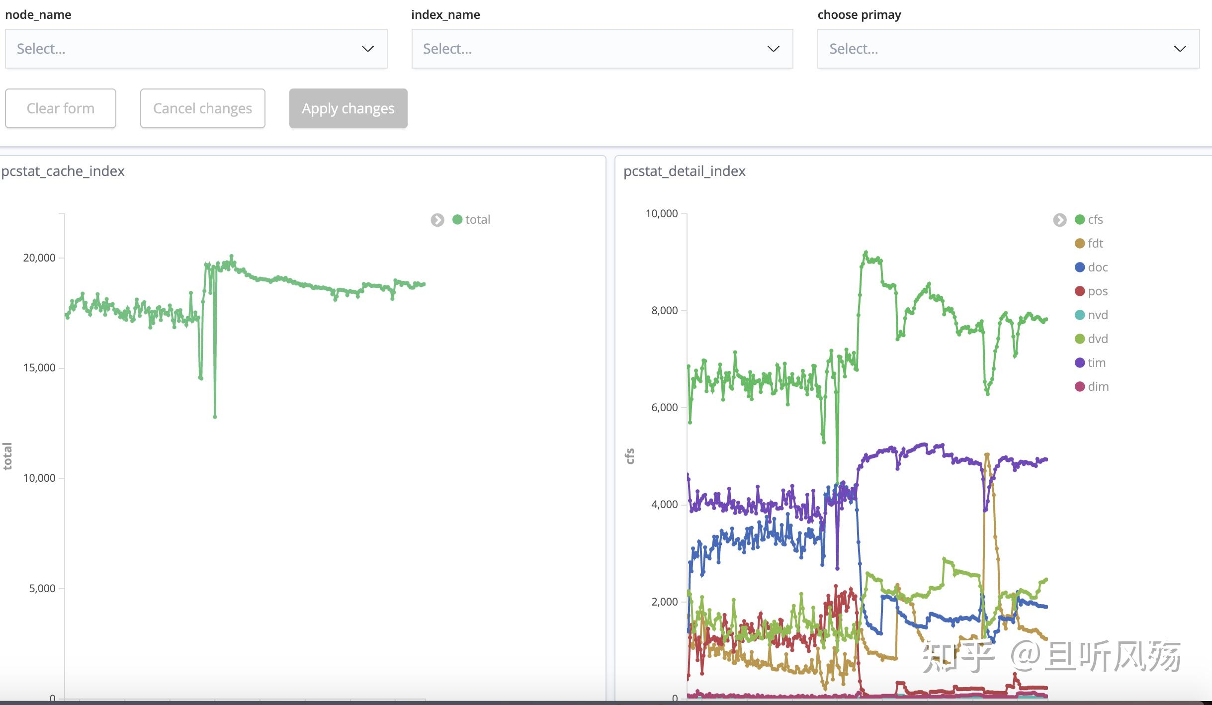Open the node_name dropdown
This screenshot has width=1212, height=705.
coord(196,49)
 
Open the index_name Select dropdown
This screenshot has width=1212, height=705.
coord(602,49)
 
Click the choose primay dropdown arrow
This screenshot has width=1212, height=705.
coord(1180,49)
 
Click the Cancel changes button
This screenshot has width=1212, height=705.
coord(202,108)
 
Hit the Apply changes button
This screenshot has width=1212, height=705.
coord(348,108)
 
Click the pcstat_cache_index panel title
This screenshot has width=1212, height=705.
coord(63,171)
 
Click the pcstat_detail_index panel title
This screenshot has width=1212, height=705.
coord(684,171)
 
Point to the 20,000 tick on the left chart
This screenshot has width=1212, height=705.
coord(39,258)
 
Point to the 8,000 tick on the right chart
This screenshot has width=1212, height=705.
coord(664,311)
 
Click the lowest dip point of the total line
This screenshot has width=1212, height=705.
coord(215,417)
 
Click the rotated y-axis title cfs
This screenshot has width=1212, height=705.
coord(630,456)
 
